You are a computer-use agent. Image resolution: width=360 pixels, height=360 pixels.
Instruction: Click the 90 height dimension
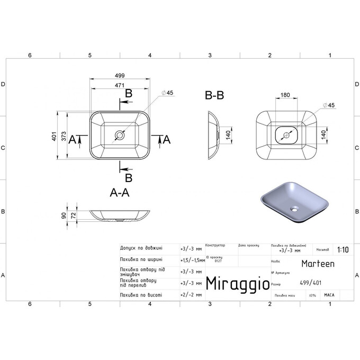tap(65, 215)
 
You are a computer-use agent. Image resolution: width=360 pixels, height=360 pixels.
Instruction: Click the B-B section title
tap(214, 95)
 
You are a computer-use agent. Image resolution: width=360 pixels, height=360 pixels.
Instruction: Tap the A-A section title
tap(120, 193)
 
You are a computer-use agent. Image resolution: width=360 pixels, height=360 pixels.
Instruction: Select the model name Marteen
tap(314, 263)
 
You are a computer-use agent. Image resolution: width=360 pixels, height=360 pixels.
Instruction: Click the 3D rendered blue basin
tap(291, 201)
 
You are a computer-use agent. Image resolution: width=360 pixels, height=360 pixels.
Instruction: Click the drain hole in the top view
tap(120, 136)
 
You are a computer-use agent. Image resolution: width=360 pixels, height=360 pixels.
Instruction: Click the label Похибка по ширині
tap(141, 259)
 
